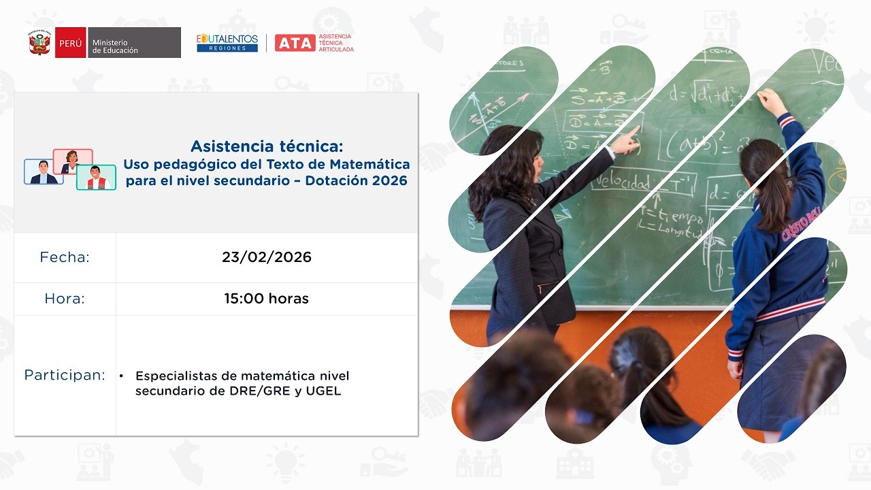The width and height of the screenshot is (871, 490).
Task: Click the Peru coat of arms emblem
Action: tap(41, 43)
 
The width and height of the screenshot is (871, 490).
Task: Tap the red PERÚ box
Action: tap(70, 43)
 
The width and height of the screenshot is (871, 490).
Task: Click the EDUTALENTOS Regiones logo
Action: tap(227, 43)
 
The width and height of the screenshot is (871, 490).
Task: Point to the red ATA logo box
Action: tap(295, 43)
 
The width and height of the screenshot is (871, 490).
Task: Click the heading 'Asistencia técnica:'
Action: tap(267, 146)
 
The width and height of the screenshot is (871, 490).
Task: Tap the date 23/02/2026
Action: tap(267, 257)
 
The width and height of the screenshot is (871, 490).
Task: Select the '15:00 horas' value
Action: tap(267, 299)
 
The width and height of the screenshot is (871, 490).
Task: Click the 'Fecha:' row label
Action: tap(65, 257)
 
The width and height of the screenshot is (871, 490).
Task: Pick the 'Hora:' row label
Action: tap(65, 299)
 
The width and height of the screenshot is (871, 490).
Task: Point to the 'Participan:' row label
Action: tap(65, 375)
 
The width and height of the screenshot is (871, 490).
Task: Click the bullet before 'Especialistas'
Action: tap(121, 376)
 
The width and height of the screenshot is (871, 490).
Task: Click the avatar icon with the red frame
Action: tap(72, 161)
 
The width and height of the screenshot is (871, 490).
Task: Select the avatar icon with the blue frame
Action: tap(44, 172)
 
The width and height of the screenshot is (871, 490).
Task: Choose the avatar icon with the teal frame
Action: tap(96, 177)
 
